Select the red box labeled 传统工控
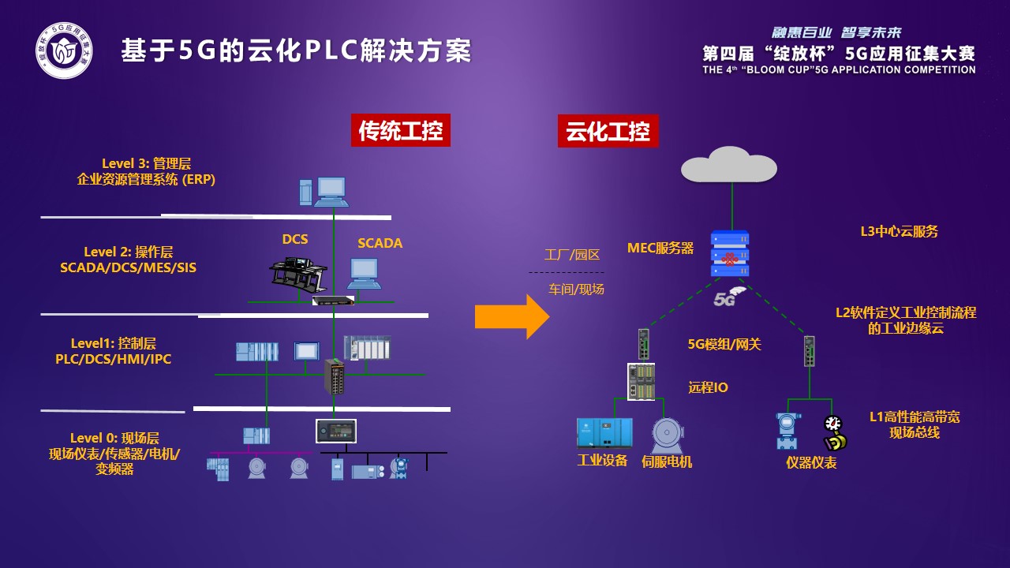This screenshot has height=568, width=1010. [400, 131]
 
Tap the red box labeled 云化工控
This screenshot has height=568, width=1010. [608, 131]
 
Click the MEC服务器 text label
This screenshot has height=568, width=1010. [660, 248]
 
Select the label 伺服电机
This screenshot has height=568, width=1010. [667, 461]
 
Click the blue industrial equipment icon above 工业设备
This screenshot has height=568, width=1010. [604, 433]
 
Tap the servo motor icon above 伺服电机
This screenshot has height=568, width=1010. [667, 435]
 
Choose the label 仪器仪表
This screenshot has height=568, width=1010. [811, 463]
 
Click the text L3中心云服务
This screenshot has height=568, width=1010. [899, 232]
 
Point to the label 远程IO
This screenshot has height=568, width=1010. [708, 387]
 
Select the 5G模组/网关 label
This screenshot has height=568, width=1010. [724, 344]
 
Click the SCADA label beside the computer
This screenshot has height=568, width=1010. [380, 243]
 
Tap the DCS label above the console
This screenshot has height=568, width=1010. [295, 239]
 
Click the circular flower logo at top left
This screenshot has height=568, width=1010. [63, 51]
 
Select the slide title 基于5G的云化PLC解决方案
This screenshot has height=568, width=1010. [296, 51]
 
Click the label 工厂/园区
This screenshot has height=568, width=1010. [572, 255]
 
